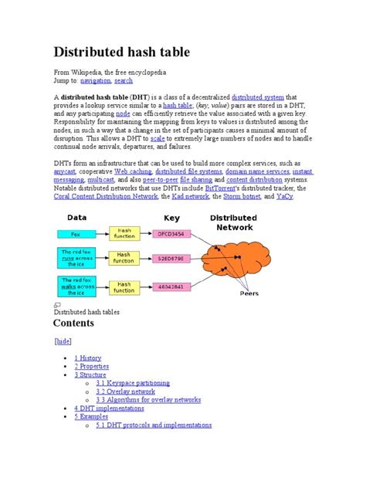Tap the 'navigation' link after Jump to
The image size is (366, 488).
96,80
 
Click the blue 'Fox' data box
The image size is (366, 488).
76,232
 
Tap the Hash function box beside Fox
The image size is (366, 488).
124,232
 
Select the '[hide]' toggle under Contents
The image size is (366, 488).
63,341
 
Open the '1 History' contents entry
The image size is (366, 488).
87,358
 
